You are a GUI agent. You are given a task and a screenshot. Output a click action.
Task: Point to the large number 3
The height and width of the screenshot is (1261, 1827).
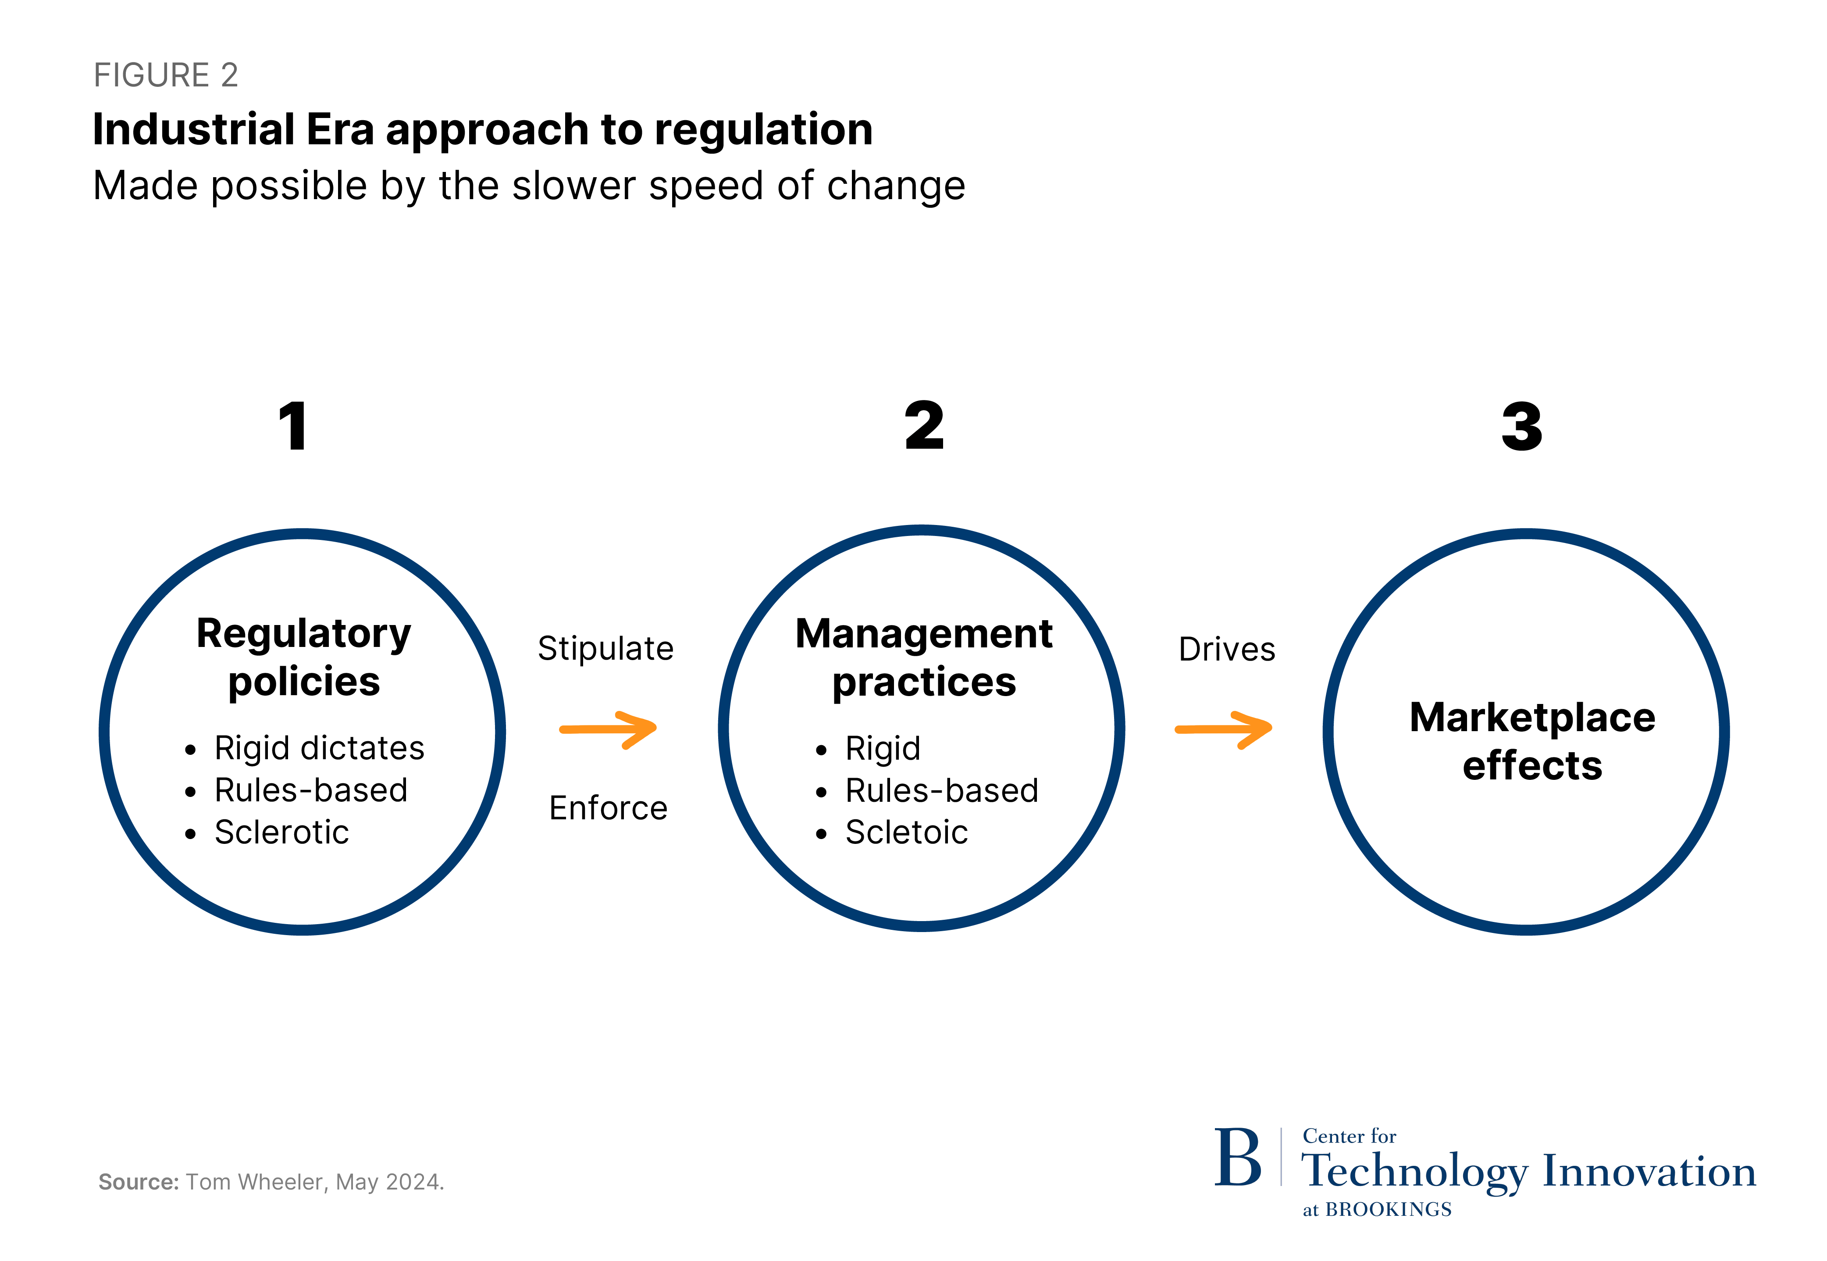pyautogui.click(x=1521, y=427)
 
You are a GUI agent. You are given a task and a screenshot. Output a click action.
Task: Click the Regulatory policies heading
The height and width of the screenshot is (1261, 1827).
pyautogui.click(x=303, y=657)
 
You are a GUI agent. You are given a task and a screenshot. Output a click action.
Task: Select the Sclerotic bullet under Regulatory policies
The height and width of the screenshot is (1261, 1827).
pyautogui.click(x=281, y=832)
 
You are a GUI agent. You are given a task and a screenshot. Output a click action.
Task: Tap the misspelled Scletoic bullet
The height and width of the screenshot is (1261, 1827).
pyautogui.click(x=906, y=832)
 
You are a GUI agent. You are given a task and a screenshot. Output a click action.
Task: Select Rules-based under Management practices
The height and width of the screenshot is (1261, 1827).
pyautogui.click(x=941, y=790)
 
